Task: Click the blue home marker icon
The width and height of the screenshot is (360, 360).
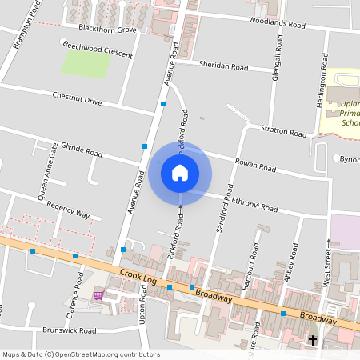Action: (180, 173)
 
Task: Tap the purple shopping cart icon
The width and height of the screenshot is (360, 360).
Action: (98, 295)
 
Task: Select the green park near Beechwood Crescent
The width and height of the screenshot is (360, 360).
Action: (86, 64)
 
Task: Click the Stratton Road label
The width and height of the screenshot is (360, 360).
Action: (284, 130)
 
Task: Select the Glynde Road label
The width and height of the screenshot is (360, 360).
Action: (82, 149)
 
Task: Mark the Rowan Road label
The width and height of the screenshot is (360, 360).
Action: (255, 166)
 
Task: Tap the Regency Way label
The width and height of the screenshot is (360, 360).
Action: (68, 210)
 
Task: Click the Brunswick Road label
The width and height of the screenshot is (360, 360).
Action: (70, 330)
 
